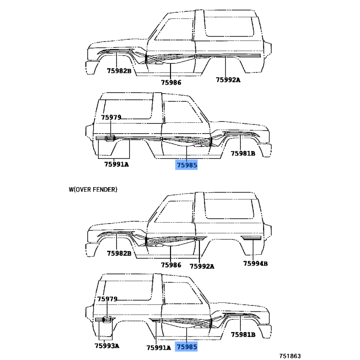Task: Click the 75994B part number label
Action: point(255,263)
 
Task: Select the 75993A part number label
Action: point(107,346)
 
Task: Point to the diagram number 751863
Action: point(290,356)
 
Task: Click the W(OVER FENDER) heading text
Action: point(93,189)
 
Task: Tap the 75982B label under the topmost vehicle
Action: point(119,71)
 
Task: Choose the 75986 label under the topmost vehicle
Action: point(171,82)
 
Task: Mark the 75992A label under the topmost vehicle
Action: point(228,80)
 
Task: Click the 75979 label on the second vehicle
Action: point(111,117)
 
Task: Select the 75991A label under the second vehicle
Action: point(117,164)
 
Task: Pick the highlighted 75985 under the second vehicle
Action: point(186,165)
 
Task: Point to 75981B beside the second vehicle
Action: point(243,153)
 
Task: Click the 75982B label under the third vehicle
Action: point(119,253)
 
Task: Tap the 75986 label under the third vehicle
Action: point(171,265)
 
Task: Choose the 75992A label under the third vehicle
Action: point(202,266)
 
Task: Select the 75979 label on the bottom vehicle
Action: point(107,299)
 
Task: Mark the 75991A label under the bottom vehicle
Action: point(159,347)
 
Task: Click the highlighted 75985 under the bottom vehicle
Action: point(186,346)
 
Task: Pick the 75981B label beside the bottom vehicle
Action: point(243,334)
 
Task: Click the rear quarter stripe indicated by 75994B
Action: point(251,238)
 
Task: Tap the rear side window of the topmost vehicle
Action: point(229,27)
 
